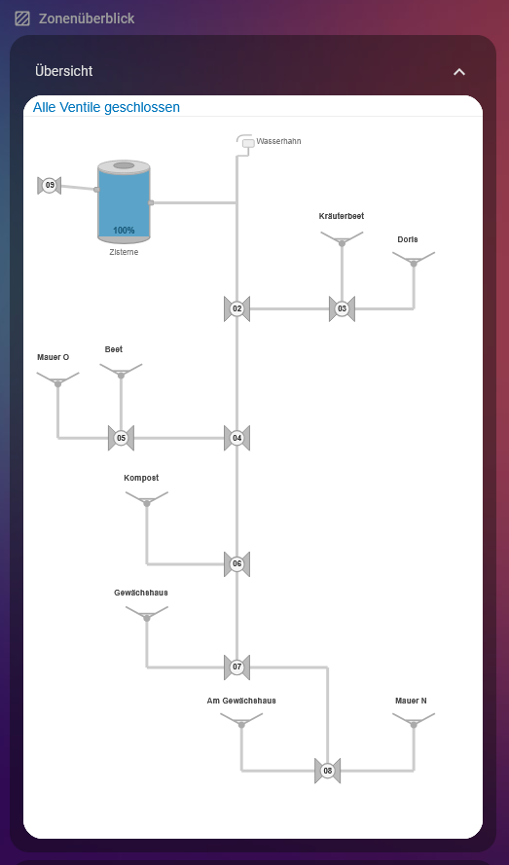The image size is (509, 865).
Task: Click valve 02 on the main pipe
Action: [236, 309]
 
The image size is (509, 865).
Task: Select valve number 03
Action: [342, 309]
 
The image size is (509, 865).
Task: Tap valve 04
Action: [236, 438]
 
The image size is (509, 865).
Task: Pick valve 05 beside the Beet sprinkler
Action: [121, 438]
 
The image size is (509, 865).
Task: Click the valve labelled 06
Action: [236, 563]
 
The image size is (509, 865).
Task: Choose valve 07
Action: [236, 667]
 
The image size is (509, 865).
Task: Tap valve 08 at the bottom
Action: [327, 771]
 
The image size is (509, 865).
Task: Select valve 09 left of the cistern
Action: [49, 185]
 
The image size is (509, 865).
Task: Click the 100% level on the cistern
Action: [124, 231]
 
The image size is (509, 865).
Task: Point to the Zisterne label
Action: [124, 252]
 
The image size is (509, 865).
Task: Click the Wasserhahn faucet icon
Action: [245, 141]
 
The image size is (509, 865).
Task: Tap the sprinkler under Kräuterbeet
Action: [342, 238]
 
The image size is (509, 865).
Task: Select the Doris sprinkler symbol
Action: [414, 259]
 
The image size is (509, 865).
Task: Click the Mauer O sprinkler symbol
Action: [58, 379]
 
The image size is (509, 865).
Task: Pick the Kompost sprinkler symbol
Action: [147, 499]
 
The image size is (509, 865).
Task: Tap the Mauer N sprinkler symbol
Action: [414, 720]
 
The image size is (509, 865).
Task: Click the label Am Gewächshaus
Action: [241, 701]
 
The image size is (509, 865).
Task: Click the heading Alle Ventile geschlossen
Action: [106, 107]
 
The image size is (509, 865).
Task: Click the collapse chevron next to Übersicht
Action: [459, 72]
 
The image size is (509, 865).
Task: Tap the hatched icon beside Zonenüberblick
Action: [22, 18]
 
